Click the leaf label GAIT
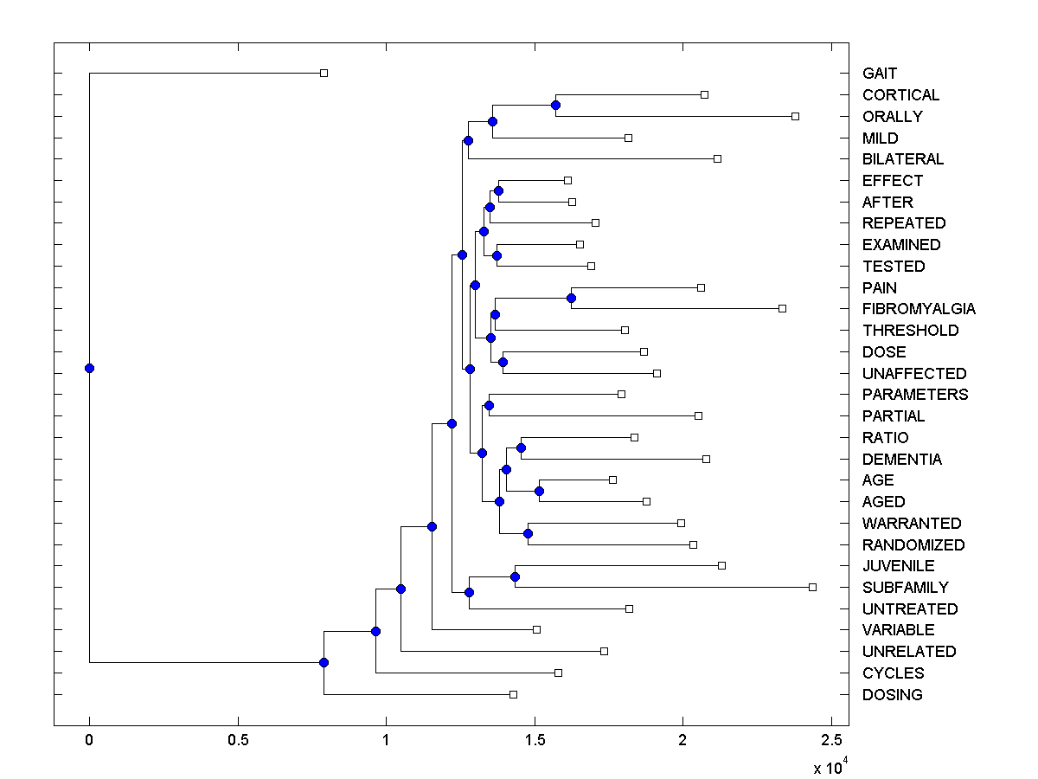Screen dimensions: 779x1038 coord(880,74)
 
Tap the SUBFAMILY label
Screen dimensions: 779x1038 coord(905,588)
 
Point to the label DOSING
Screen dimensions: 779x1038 coord(892,695)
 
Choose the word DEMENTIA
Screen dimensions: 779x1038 coord(902,460)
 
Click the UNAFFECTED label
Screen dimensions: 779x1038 coord(914,374)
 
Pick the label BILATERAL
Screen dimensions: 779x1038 coord(903,159)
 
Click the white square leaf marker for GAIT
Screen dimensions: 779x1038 coord(324,73)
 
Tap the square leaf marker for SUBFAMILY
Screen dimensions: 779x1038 coord(812,587)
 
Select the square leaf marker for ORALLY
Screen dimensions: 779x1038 coord(795,116)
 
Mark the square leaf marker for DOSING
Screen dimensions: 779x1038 coord(513,694)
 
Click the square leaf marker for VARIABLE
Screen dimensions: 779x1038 coord(536,629)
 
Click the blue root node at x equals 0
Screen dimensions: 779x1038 coord(89,368)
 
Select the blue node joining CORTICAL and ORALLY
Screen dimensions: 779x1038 coord(555,105)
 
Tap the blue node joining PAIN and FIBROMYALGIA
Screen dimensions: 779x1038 coord(571,298)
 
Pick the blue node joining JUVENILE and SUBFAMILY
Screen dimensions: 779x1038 coord(515,576)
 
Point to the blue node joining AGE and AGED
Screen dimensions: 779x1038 coord(539,491)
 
